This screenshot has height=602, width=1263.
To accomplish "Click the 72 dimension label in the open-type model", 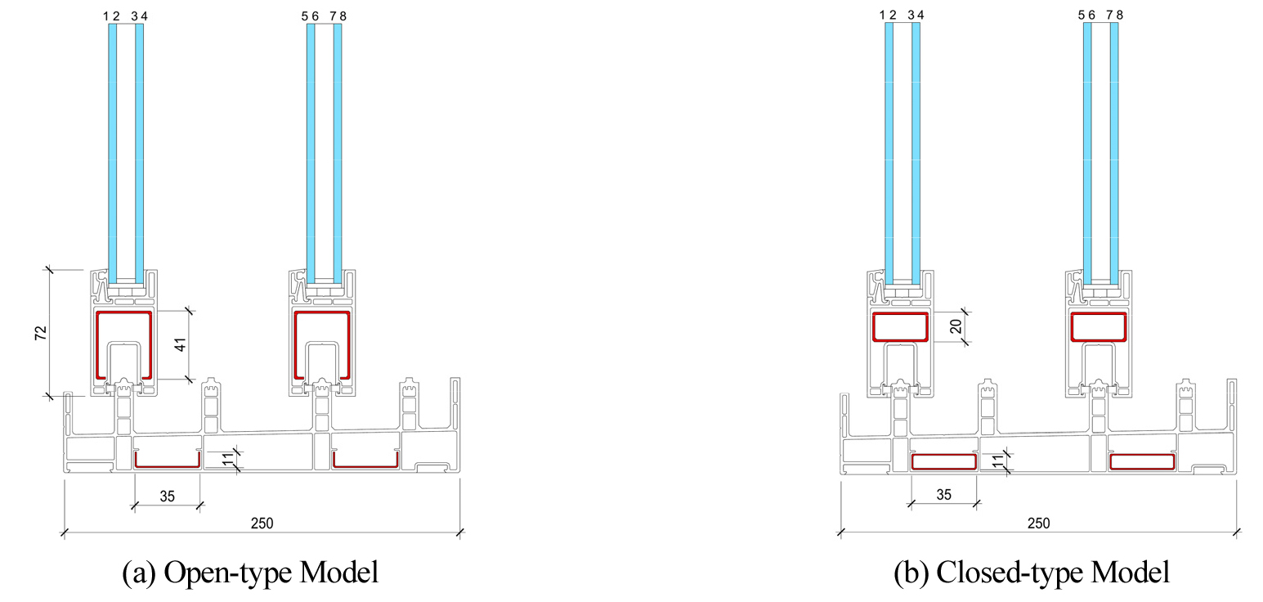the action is tap(41, 333).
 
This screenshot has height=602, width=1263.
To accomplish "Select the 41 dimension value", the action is tap(181, 344).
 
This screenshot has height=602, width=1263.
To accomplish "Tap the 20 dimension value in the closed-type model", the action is tap(956, 326).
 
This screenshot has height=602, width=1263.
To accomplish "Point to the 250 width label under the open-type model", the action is tap(262, 523).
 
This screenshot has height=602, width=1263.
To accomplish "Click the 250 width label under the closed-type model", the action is tap(1038, 523).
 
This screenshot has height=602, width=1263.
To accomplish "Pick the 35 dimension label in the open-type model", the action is tap(168, 496).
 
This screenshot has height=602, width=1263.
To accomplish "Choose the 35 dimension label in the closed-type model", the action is tap(944, 495).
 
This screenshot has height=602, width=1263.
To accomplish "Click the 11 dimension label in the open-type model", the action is tap(228, 459).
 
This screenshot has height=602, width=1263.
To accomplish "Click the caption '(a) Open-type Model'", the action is tap(250, 572).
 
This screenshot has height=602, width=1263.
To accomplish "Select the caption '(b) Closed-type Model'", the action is tap(1032, 572).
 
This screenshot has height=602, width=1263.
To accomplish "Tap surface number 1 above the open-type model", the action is tap(106, 16).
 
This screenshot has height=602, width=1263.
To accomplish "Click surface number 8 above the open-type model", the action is tap(343, 16).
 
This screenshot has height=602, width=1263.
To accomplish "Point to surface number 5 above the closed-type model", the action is tap(1082, 16).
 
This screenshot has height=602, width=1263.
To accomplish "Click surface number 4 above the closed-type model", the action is tap(920, 16).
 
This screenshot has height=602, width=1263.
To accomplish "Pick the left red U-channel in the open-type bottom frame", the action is tap(168, 466).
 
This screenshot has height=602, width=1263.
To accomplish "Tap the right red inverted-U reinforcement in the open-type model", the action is tap(322, 312).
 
